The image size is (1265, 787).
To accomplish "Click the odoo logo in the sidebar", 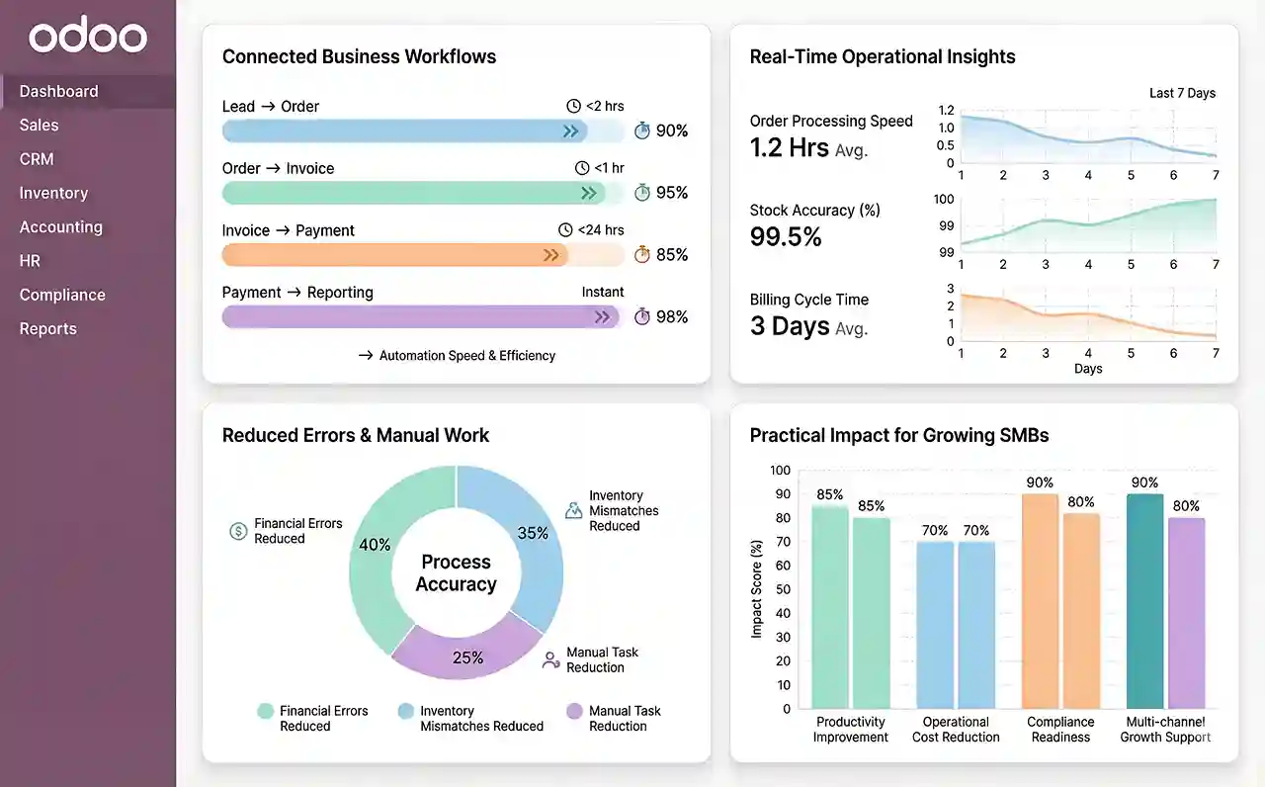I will pyautogui.click(x=87, y=38).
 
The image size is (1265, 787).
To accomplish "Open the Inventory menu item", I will pyautogui.click(x=53, y=193).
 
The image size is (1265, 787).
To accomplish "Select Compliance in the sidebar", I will pyautogui.click(x=62, y=295).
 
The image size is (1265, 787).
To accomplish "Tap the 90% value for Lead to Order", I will pyautogui.click(x=672, y=131).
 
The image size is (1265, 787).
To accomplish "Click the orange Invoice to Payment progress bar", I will pyautogui.click(x=395, y=255).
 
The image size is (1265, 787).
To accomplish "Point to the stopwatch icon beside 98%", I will pyautogui.click(x=642, y=316).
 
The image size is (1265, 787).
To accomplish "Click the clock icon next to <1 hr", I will pyautogui.click(x=582, y=168).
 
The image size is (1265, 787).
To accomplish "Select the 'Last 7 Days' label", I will pyautogui.click(x=1182, y=93).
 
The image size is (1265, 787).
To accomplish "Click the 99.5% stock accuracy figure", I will pyautogui.click(x=786, y=236).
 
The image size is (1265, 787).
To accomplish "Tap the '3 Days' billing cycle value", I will pyautogui.click(x=790, y=326).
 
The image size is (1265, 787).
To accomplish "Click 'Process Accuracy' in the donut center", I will pyautogui.click(x=456, y=572).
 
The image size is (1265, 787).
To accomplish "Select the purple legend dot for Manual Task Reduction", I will pyautogui.click(x=574, y=711).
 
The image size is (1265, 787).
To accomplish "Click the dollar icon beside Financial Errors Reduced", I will pyautogui.click(x=238, y=531).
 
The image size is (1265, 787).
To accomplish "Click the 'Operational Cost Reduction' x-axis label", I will pyautogui.click(x=956, y=730).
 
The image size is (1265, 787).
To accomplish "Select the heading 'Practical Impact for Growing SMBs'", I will pyautogui.click(x=899, y=435).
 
